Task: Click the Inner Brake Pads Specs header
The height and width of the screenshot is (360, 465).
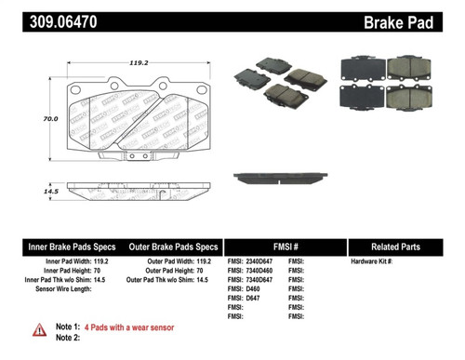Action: click(x=71, y=247)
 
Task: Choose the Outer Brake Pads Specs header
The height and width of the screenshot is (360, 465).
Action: click(x=173, y=247)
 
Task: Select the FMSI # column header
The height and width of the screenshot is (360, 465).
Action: click(x=284, y=247)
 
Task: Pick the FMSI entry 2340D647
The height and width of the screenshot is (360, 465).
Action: click(x=256, y=262)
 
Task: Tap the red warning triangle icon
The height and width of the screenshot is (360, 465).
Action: click(x=39, y=328)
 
